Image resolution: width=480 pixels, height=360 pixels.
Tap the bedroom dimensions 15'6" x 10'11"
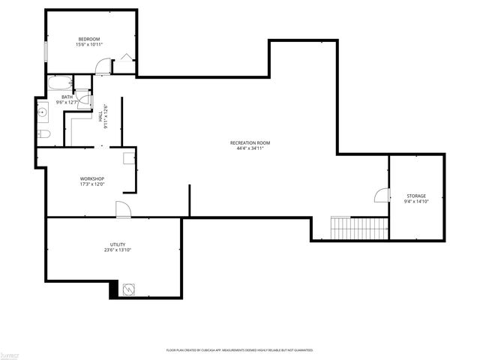click(x=88, y=45)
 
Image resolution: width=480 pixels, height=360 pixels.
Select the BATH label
click(x=67, y=97)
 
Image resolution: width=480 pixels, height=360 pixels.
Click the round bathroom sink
click(x=43, y=114)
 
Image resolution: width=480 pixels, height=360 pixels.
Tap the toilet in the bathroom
click(x=44, y=134)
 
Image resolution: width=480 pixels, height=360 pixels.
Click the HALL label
click(x=100, y=116)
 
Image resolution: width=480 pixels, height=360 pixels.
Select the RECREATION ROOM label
click(x=250, y=142)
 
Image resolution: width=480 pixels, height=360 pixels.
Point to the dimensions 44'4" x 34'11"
click(x=250, y=148)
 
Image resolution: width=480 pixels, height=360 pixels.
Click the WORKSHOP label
click(x=91, y=178)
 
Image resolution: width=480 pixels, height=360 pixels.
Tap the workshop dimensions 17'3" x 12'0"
click(x=91, y=184)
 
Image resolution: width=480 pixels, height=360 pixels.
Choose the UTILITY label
click(x=118, y=244)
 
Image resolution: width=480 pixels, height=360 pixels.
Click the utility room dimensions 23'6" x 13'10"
click(x=118, y=250)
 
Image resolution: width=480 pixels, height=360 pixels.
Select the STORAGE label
click(x=416, y=195)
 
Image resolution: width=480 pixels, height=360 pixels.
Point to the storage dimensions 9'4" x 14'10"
click(x=416, y=201)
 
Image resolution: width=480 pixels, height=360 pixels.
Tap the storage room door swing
click(x=382, y=196)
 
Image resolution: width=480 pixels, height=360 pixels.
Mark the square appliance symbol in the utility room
click(x=128, y=289)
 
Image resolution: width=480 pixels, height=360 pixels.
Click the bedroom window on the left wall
click(x=46, y=53)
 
